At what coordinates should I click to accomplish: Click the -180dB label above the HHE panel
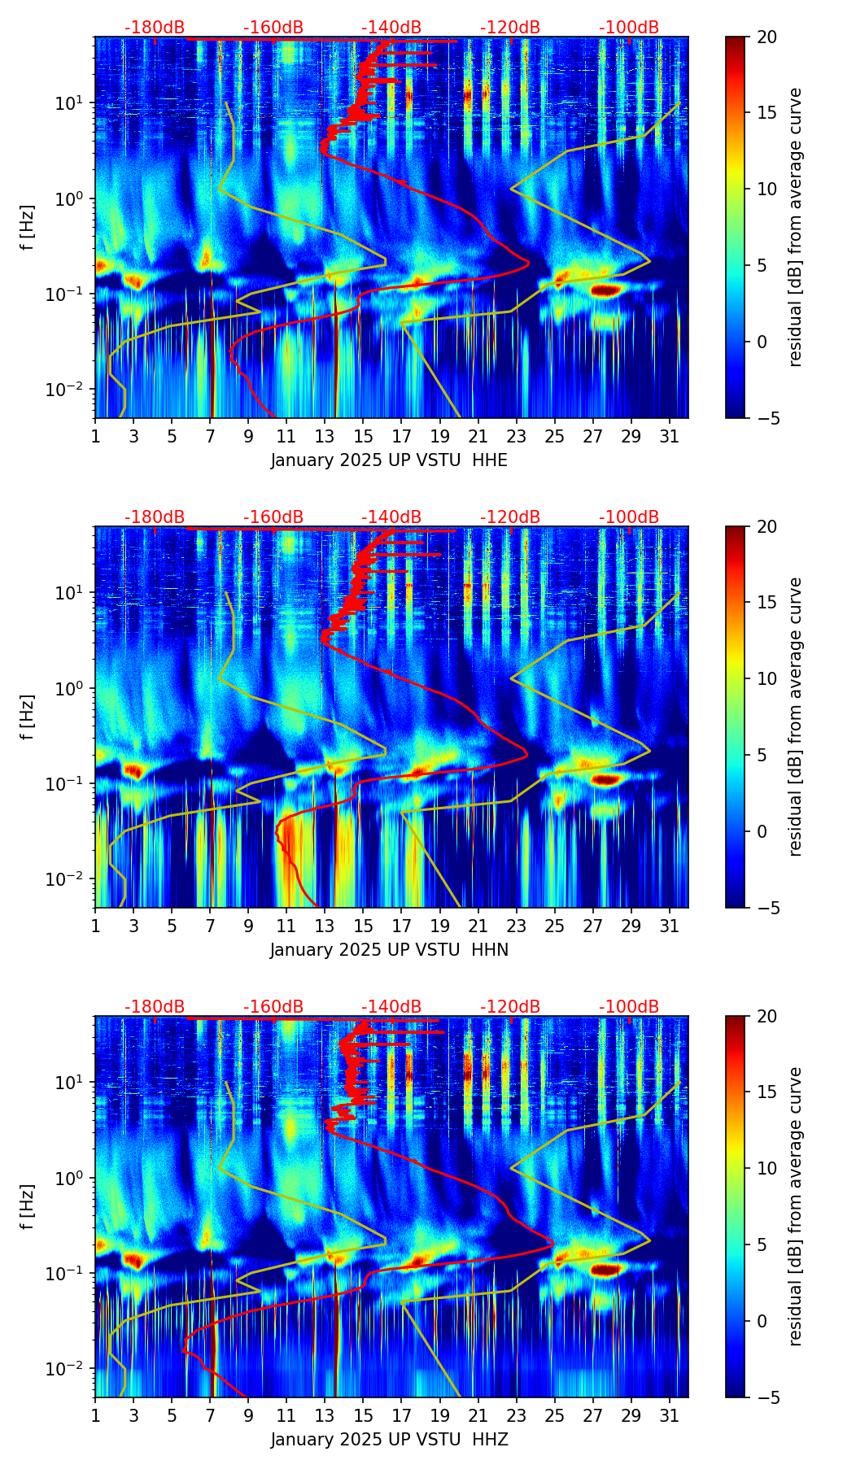point(155,28)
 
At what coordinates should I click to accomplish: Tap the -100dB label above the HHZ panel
point(629,1007)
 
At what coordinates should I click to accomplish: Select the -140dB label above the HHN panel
point(391,517)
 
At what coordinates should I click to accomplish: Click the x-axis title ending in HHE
point(389,460)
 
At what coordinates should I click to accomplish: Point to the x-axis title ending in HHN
point(389,950)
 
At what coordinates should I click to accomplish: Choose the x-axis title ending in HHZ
point(389,1440)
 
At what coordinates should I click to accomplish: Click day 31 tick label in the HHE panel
point(670,436)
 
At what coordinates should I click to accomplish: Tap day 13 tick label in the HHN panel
point(325,926)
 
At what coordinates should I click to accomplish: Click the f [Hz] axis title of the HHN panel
point(28,717)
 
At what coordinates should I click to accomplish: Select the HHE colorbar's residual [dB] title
point(795,227)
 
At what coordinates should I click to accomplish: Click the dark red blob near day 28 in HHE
point(607,290)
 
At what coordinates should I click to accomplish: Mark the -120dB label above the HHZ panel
point(510,1007)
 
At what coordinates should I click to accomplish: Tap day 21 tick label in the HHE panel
point(478,436)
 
